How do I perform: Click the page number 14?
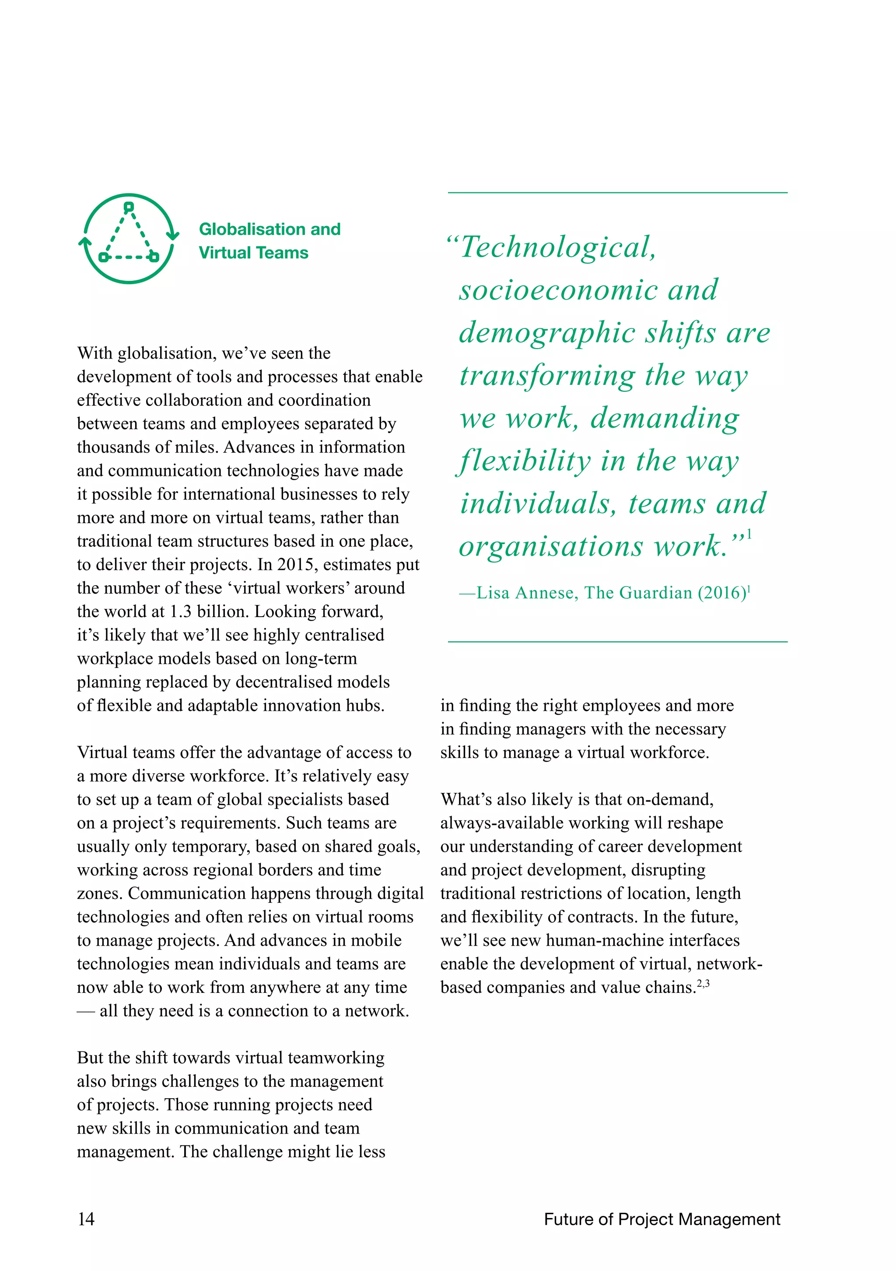coord(86,1219)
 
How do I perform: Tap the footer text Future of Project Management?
coord(662,1219)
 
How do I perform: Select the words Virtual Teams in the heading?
coord(254,253)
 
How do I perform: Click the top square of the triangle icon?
coord(129,207)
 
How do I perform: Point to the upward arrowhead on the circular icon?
coord(85,241)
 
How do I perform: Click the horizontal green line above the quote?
coord(617,192)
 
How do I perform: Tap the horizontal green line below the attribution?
coord(617,642)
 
